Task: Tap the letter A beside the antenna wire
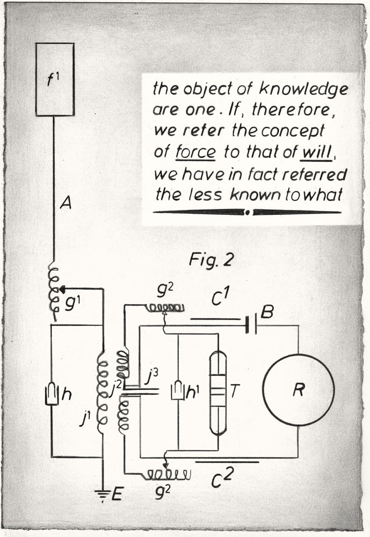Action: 66,203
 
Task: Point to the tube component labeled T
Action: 218,393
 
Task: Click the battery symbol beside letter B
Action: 251,325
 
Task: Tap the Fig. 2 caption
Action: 211,260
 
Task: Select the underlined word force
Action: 195,152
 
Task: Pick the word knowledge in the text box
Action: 303,89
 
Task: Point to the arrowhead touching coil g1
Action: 62,289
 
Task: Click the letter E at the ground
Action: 117,495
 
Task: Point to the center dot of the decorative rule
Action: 248,213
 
